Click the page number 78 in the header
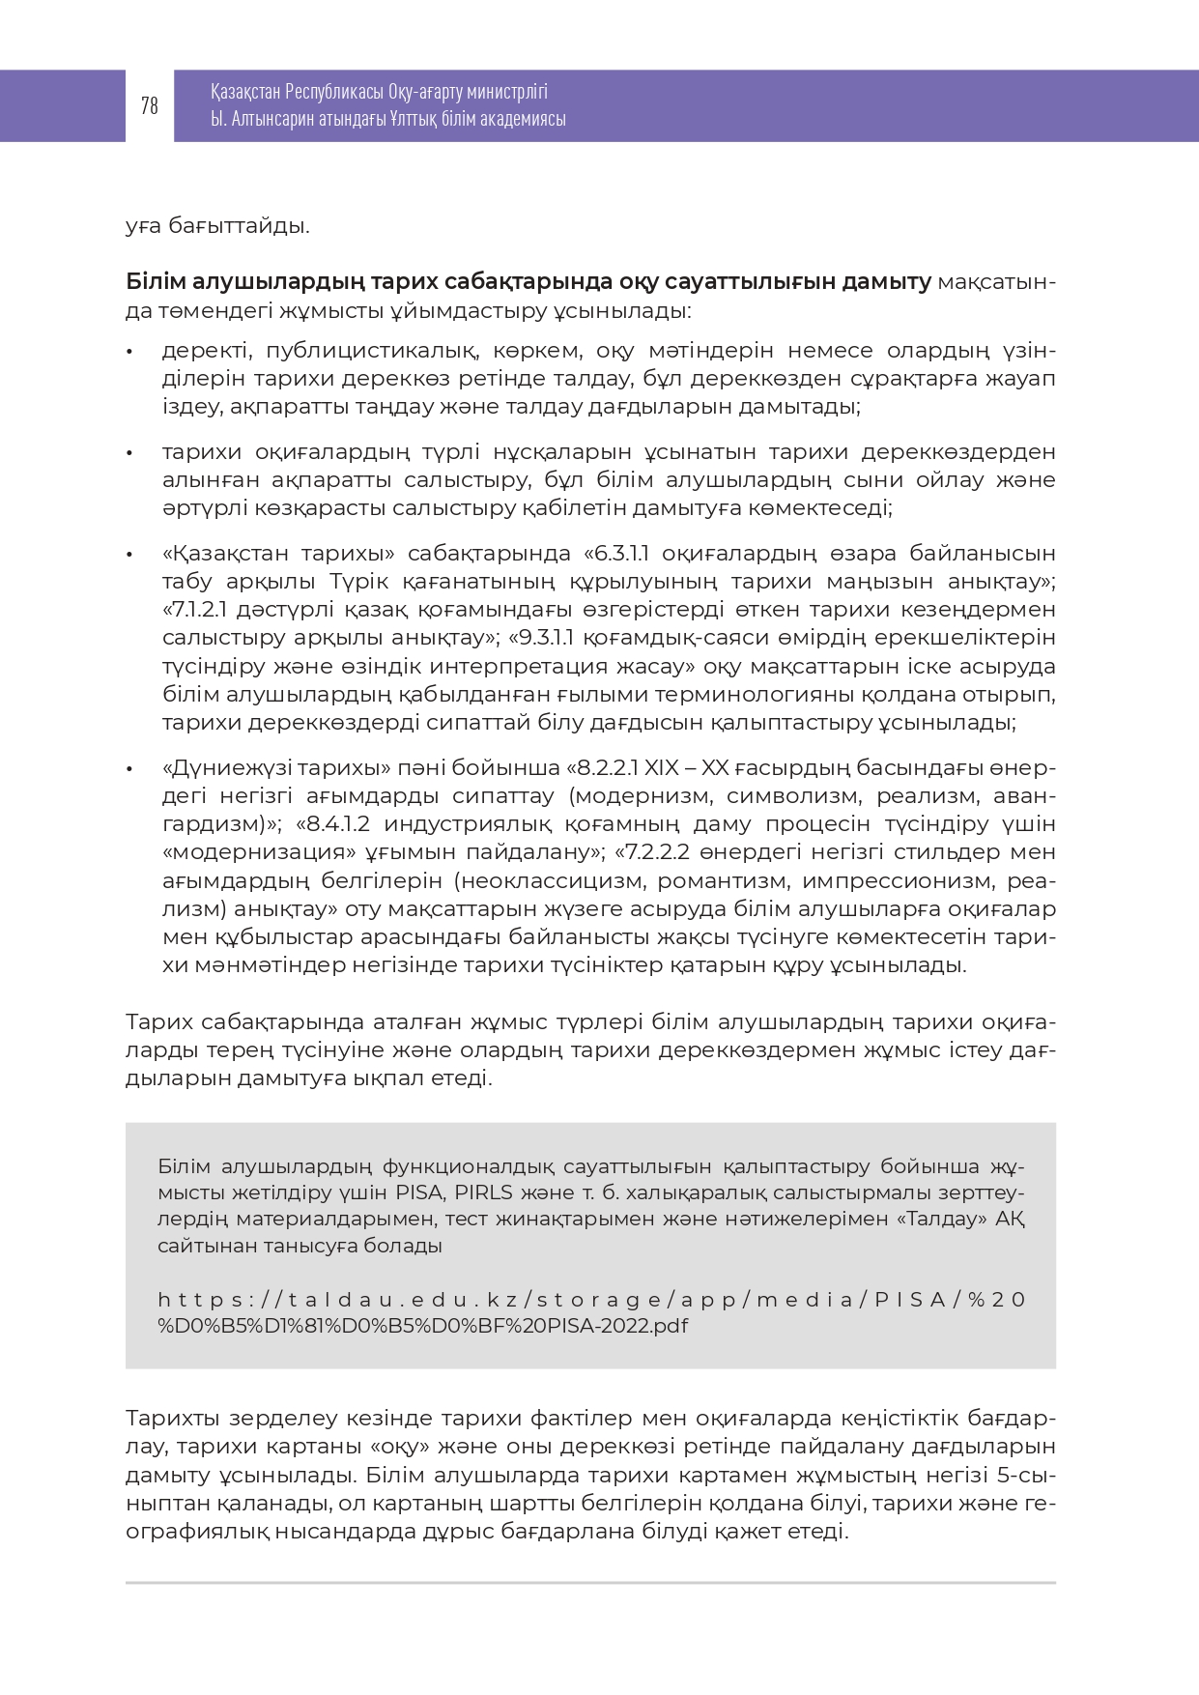(x=149, y=105)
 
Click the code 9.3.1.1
(x=548, y=638)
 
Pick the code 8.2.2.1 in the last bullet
(x=607, y=768)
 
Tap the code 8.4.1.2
(x=339, y=824)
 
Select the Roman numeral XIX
(x=661, y=768)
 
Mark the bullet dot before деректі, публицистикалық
(x=129, y=352)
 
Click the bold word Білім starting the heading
(x=155, y=282)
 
